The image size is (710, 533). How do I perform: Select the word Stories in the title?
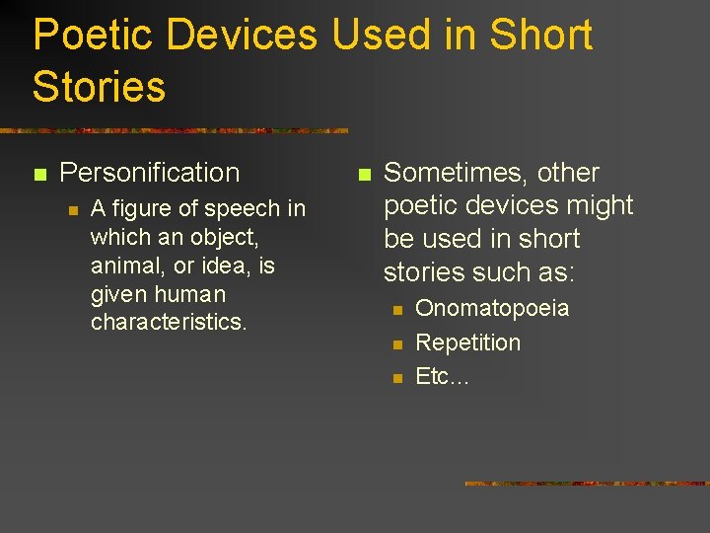tap(99, 86)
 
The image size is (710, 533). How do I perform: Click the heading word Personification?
tap(150, 173)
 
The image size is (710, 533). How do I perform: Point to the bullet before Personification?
tap(39, 175)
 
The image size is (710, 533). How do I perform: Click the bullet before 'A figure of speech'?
tap(71, 209)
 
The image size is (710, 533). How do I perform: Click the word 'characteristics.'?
tap(169, 323)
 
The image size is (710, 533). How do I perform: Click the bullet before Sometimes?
tap(363, 175)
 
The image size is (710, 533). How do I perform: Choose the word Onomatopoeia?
tap(492, 309)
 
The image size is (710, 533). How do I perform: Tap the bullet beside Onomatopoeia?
tap(396, 311)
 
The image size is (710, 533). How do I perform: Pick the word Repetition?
tap(467, 343)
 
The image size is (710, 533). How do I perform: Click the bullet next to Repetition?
tap(396, 345)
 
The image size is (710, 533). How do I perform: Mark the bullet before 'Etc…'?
tap(396, 379)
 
